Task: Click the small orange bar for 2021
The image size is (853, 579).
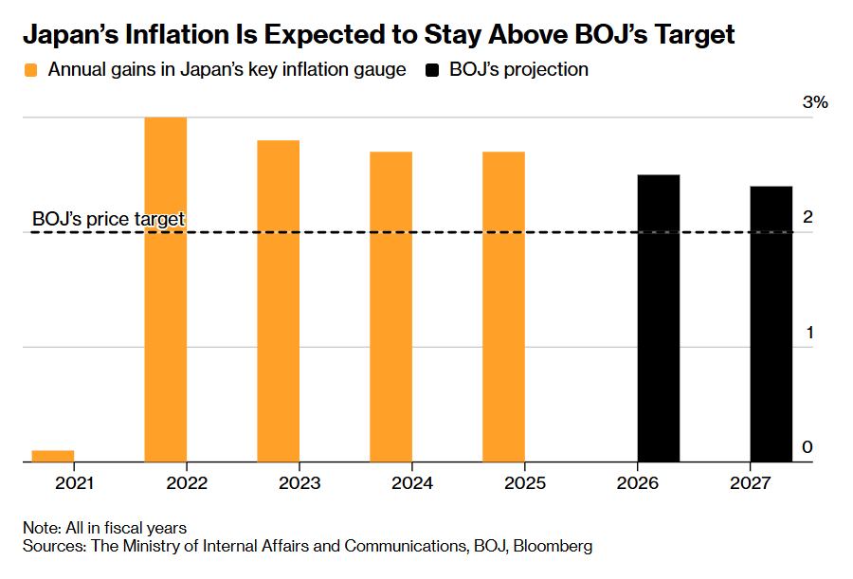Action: click(53, 456)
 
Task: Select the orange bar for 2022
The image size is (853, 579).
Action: click(165, 290)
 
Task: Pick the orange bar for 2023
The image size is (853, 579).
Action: click(278, 301)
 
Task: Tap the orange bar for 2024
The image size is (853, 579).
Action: click(390, 307)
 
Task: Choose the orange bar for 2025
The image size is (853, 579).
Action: click(504, 307)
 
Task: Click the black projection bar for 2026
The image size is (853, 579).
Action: click(659, 318)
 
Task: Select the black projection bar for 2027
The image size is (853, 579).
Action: click(771, 324)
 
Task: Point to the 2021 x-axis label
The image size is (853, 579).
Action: click(75, 482)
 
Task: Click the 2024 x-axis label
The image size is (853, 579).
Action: click(412, 482)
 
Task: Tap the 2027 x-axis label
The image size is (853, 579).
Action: click(751, 482)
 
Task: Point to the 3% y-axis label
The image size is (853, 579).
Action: click(815, 101)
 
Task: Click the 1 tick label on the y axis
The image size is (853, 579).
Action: click(809, 332)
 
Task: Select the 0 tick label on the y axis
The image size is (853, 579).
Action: click(808, 446)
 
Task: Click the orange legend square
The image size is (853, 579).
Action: click(31, 70)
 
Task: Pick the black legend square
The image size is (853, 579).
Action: click(432, 70)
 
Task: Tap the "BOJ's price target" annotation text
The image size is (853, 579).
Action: click(108, 219)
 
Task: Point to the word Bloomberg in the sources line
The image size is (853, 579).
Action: click(553, 546)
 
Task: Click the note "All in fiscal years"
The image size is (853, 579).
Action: click(126, 528)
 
